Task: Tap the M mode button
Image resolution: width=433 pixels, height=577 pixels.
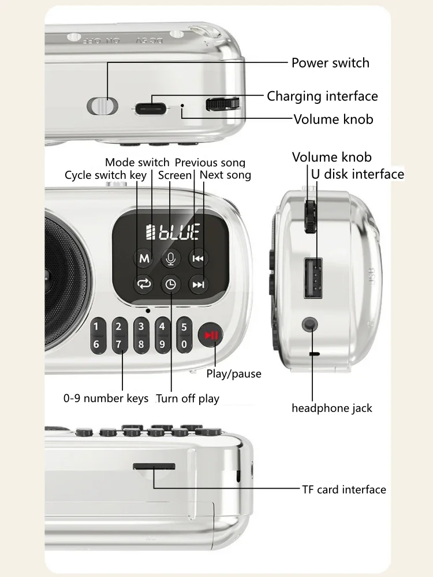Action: (x=144, y=258)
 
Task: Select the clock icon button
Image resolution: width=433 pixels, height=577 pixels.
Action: (x=170, y=284)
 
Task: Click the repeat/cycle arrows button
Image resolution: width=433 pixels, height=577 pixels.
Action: (x=144, y=284)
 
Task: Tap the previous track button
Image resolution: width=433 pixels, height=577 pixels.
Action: (x=197, y=258)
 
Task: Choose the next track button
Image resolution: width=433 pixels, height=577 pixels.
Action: (x=198, y=284)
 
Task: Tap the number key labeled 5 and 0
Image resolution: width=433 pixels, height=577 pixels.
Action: (x=184, y=336)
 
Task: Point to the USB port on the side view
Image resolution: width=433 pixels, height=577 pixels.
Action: (x=313, y=278)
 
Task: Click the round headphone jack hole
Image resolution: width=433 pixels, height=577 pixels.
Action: (x=309, y=324)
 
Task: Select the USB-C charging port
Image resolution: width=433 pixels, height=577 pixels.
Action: (x=150, y=109)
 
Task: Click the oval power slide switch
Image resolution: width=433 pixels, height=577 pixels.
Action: (x=102, y=106)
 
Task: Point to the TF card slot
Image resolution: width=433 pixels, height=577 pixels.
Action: (x=154, y=467)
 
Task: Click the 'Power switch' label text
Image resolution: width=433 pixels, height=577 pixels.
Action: (x=330, y=63)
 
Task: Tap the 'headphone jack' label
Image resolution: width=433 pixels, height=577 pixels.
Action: (x=332, y=408)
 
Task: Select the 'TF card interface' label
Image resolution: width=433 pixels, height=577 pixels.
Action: (x=344, y=489)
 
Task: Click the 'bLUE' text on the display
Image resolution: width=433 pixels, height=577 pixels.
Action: (x=180, y=231)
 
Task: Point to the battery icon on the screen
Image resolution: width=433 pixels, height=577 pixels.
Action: (x=150, y=231)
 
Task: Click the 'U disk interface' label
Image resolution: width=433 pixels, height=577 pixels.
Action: (x=357, y=174)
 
